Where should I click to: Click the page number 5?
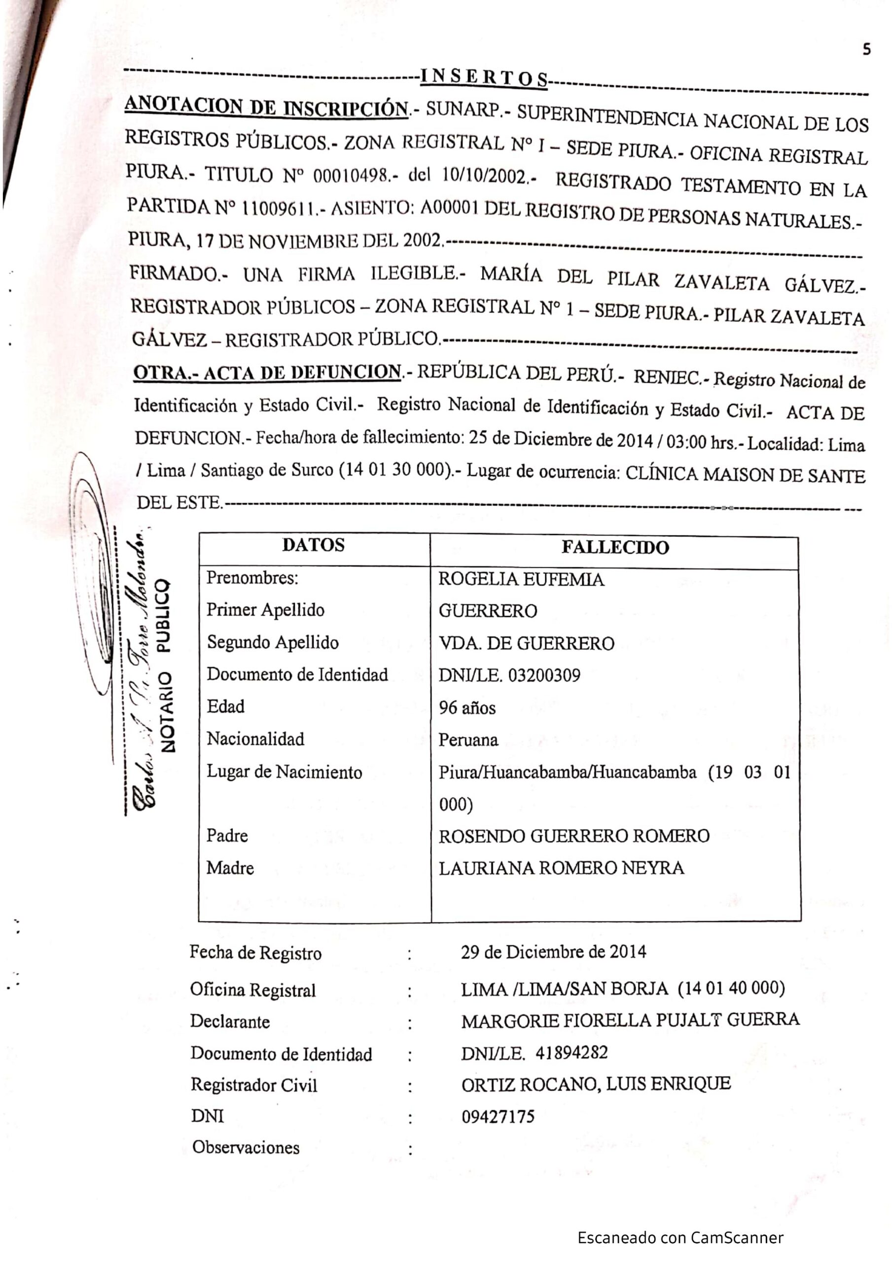tap(866, 49)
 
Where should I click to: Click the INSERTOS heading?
tap(483, 77)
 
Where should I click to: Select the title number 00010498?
tap(352, 176)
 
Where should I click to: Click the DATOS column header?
tap(314, 545)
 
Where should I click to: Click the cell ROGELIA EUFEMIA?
tap(521, 579)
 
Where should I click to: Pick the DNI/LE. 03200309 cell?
tap(509, 675)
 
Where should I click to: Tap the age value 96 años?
tap(467, 707)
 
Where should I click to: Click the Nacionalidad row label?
tap(255, 739)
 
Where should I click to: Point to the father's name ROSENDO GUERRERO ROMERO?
tap(573, 836)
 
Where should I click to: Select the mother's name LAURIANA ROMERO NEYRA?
tap(561, 868)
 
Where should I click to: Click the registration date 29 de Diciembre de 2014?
tap(553, 952)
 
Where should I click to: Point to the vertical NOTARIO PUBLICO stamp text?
tap(165, 666)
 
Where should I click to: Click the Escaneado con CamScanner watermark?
tap(680, 1238)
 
